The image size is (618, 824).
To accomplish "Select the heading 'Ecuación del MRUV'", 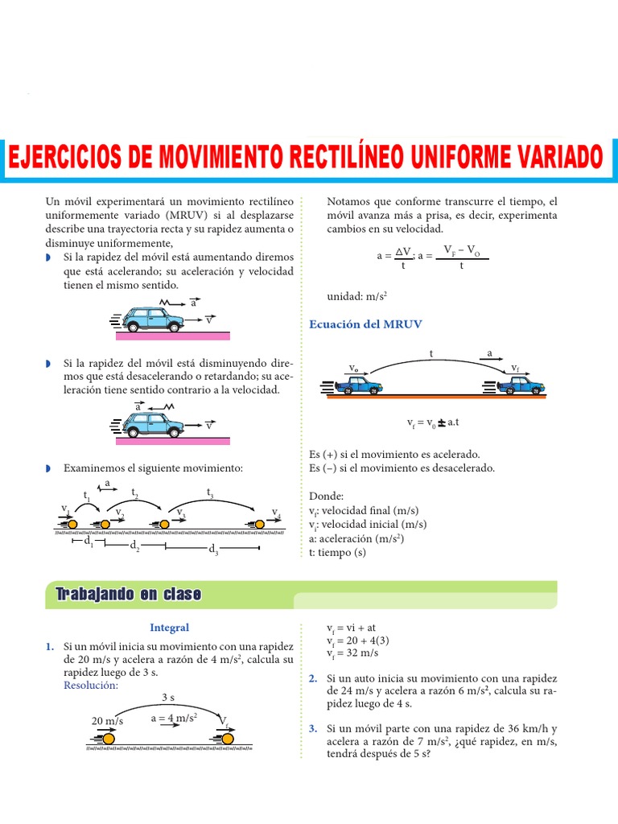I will (x=365, y=323).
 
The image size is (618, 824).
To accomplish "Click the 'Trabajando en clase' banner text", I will (x=128, y=595).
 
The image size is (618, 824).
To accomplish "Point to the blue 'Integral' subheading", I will (x=169, y=628).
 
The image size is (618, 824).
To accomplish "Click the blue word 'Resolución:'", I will (x=91, y=685).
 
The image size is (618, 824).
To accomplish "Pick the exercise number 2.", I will (x=313, y=678).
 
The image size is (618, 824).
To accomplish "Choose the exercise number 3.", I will (x=313, y=729).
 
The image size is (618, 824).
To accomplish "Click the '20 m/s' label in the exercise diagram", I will (x=107, y=721).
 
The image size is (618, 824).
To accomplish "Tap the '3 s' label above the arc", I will (x=169, y=697).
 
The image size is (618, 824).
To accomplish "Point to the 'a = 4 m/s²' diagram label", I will (x=174, y=718).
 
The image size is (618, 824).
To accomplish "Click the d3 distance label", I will (x=213, y=550).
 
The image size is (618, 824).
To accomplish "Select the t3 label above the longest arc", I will (x=210, y=492).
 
